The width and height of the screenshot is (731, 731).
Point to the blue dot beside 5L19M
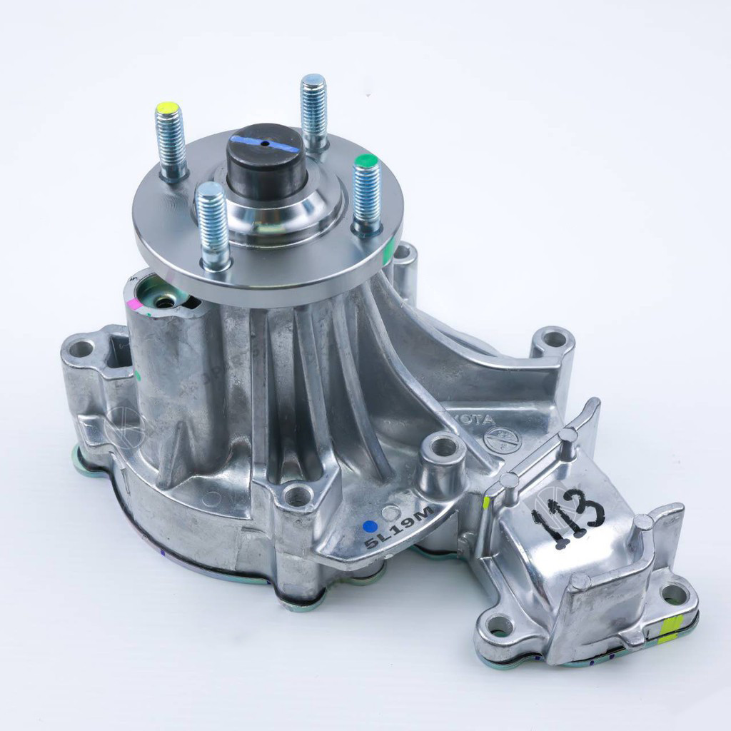(x=369, y=527)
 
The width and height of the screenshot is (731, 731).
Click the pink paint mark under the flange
(x=133, y=303)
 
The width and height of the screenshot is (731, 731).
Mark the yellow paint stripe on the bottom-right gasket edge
(x=670, y=628)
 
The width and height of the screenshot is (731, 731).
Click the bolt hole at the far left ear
(x=81, y=349)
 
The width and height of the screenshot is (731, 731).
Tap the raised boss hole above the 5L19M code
(x=443, y=448)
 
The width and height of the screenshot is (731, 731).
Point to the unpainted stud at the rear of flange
(x=313, y=111)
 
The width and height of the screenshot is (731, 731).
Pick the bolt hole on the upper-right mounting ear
(x=553, y=338)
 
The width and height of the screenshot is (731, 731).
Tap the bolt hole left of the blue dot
(x=297, y=495)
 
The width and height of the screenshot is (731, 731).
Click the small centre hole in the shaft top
(x=266, y=143)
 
